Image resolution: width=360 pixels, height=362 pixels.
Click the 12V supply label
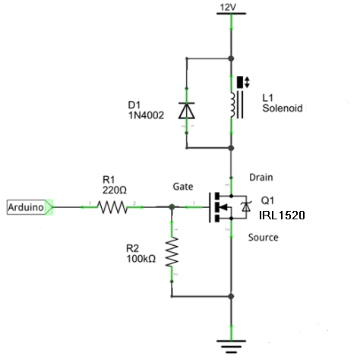click(228, 8)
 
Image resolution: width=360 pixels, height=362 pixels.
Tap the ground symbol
click(231, 346)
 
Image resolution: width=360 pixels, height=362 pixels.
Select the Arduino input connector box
click(30, 207)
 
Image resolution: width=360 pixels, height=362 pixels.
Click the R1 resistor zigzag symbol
click(112, 207)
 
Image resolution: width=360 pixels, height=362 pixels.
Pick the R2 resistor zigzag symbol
click(172, 252)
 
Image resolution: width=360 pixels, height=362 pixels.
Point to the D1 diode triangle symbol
click(187, 111)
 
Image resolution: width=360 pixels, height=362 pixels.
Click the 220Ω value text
click(115, 190)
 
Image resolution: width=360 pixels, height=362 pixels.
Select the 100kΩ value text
click(141, 259)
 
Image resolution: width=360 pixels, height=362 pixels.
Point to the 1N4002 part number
click(146, 115)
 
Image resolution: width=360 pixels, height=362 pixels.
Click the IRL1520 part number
click(282, 216)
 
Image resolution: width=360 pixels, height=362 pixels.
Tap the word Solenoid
click(283, 109)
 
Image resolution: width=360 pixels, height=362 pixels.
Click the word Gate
click(183, 187)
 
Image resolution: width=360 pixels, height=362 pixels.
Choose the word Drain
click(261, 178)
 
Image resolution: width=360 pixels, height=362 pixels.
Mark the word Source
click(263, 238)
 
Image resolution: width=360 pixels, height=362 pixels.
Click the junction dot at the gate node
click(172, 207)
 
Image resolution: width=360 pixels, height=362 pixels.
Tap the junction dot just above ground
click(231, 296)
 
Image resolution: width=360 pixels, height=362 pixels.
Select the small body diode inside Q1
click(246, 207)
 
